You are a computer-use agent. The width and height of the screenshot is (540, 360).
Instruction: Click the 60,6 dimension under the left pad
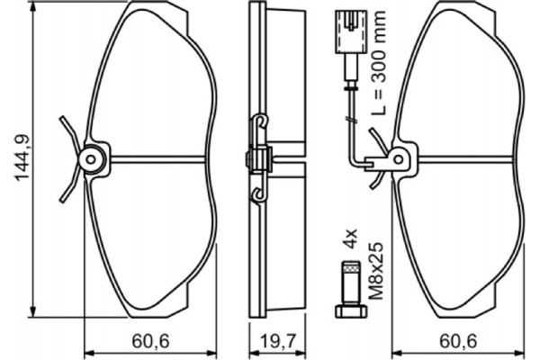152,342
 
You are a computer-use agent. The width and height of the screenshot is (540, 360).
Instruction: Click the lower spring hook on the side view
259,193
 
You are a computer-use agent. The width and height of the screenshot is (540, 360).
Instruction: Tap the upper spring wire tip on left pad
60,121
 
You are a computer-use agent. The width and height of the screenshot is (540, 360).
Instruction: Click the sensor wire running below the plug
354,108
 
